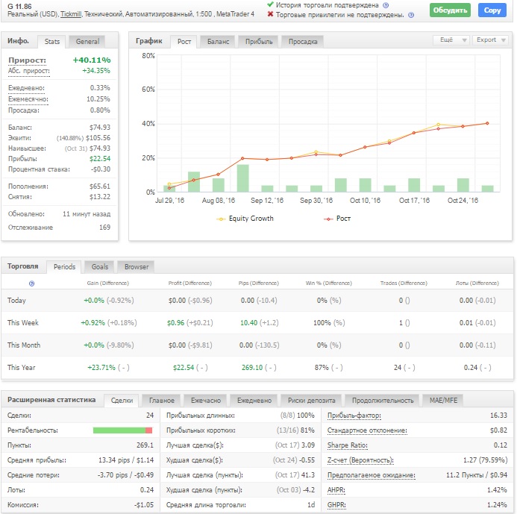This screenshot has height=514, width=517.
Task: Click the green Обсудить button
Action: coord(450,10)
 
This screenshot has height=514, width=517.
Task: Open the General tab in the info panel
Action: coord(87,42)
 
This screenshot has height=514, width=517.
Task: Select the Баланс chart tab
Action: coord(218,42)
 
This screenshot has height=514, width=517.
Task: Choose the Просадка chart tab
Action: coord(303,42)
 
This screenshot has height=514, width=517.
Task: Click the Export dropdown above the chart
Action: coord(490,40)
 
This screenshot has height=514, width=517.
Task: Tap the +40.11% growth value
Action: coord(92,60)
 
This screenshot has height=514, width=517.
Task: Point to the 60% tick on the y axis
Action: coord(148,90)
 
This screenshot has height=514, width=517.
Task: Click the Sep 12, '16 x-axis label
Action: coord(267,201)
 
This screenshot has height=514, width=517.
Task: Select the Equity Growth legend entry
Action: coord(245,219)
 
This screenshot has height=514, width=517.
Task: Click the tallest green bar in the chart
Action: coord(242,178)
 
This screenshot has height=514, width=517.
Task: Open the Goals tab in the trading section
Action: coord(99,267)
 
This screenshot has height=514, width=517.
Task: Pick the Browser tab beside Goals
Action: coord(137,267)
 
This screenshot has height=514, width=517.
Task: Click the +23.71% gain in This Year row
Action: coord(101,368)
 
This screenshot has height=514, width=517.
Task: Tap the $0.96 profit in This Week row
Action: coord(176,323)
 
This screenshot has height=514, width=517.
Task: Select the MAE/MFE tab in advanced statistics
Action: coord(443,401)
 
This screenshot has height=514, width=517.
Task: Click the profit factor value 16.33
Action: coord(498,416)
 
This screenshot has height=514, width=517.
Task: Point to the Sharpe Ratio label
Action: coord(347,445)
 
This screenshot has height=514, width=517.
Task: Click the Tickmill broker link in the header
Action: coord(71,14)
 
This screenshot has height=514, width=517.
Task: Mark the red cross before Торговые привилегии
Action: coord(270,14)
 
